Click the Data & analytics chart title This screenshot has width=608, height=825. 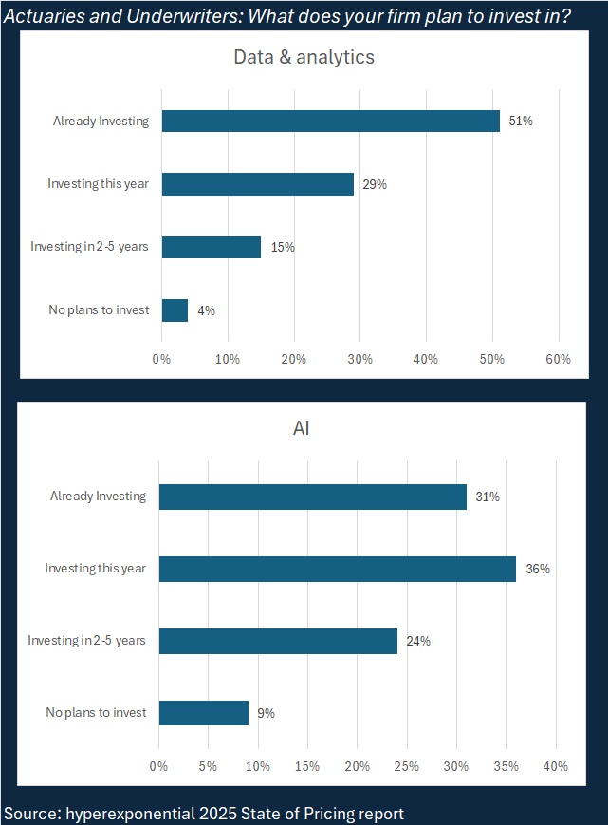click(x=304, y=57)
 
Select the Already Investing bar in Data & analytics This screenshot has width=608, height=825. click(x=330, y=121)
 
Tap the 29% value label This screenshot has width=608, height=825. click(x=374, y=184)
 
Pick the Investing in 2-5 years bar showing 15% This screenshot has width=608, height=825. click(x=211, y=247)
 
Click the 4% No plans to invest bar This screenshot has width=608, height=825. click(x=175, y=310)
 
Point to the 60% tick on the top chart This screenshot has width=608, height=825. click(x=558, y=359)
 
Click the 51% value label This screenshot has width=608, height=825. click(x=520, y=121)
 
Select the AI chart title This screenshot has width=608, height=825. click(x=301, y=428)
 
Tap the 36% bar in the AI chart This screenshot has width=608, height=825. click(x=337, y=569)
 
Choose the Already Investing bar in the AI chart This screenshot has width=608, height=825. click(x=312, y=497)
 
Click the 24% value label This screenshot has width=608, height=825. click(x=417, y=641)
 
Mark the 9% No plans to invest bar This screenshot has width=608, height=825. click(x=203, y=713)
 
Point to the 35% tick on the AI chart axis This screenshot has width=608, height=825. click(x=506, y=766)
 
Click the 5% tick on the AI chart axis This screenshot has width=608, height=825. click(x=208, y=766)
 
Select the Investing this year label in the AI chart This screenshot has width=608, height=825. click(x=96, y=569)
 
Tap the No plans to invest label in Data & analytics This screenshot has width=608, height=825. click(x=99, y=310)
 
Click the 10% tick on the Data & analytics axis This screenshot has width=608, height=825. click(x=228, y=359)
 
